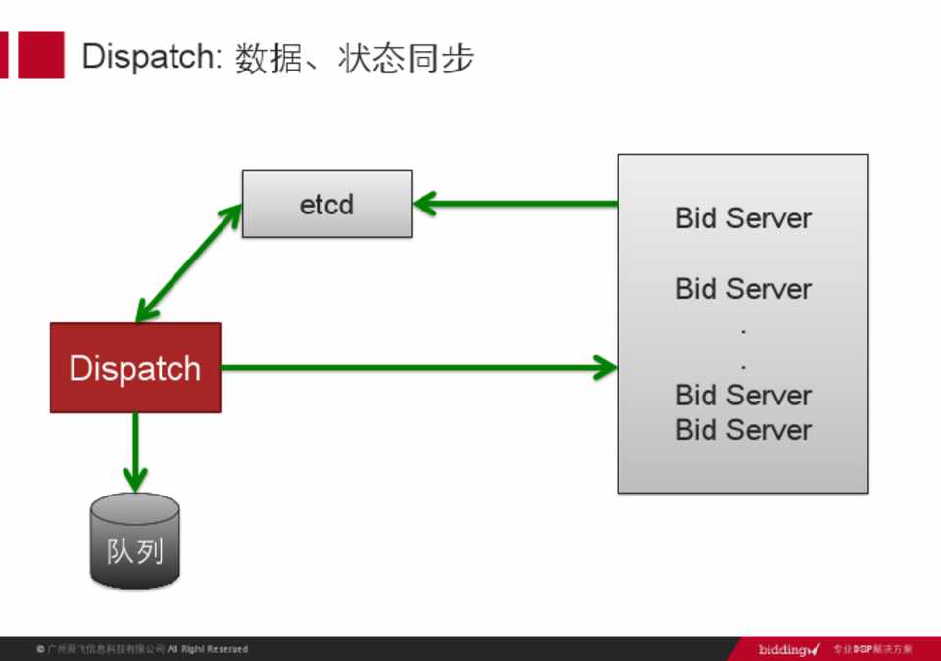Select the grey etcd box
326,204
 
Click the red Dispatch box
135,368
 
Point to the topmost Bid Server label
743,217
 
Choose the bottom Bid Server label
743,430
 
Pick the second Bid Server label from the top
743,289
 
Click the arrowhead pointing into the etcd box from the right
424,205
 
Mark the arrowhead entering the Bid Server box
605,368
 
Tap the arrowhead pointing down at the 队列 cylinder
135,479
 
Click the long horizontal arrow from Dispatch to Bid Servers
412,368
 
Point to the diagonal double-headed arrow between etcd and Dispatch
189,262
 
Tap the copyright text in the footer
142,649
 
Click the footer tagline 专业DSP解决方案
872,649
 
